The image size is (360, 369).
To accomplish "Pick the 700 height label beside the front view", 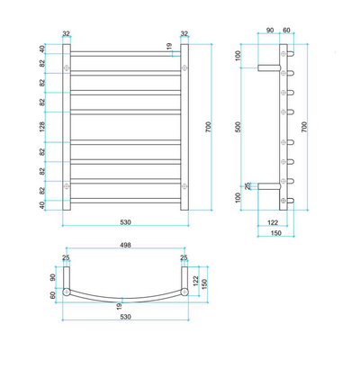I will click(x=209, y=128).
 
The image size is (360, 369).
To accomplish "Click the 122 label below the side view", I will click(x=272, y=221).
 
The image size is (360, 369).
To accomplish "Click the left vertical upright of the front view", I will click(x=66, y=127).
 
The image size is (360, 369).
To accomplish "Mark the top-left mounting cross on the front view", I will click(x=66, y=67).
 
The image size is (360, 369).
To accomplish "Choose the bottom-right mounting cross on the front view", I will click(x=184, y=186).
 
